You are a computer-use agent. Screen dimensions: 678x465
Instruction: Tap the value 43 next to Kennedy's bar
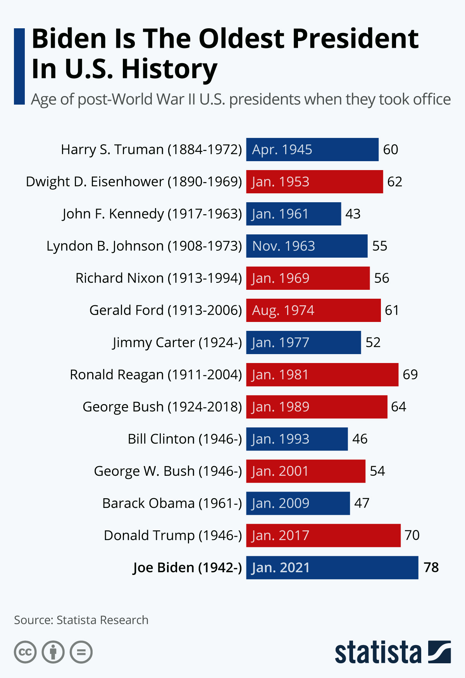pyautogui.click(x=353, y=214)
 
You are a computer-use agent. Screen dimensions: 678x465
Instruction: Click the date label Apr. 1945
pyautogui.click(x=282, y=150)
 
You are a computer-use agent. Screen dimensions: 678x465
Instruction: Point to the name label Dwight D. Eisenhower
pyautogui.click(x=134, y=182)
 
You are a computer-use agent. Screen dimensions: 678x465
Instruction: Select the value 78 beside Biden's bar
pyautogui.click(x=431, y=568)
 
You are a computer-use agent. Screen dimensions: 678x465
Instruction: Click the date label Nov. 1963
pyautogui.click(x=284, y=246)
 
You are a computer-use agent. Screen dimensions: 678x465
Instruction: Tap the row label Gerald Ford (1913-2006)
pyautogui.click(x=165, y=310)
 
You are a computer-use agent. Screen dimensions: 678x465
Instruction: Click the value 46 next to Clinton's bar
pyautogui.click(x=360, y=439)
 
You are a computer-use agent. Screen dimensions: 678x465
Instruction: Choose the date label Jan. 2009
pyautogui.click(x=281, y=503)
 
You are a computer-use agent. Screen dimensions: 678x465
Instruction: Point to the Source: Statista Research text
pyautogui.click(x=81, y=620)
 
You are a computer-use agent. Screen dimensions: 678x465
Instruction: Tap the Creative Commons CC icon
pyautogui.click(x=25, y=652)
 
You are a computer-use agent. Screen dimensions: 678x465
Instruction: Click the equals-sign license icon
pyautogui.click(x=81, y=652)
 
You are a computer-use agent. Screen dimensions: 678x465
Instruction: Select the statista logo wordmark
pyautogui.click(x=378, y=653)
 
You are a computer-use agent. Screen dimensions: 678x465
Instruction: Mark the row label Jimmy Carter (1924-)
pyautogui.click(x=177, y=342)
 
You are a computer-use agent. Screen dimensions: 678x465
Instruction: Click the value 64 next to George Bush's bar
pyautogui.click(x=398, y=407)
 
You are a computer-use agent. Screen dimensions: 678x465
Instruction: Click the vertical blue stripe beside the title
pyautogui.click(x=19, y=66)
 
